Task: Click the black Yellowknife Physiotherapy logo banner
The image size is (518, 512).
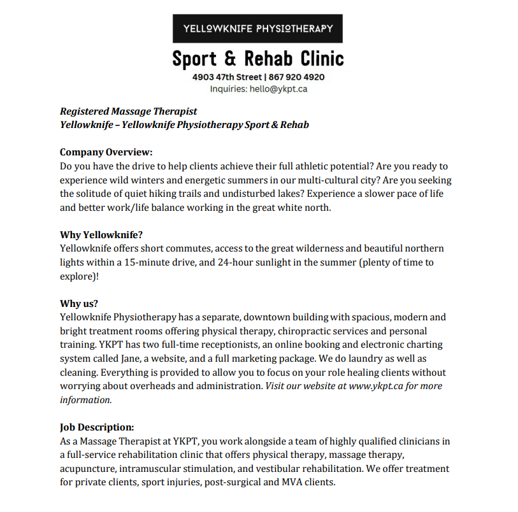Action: tap(257, 29)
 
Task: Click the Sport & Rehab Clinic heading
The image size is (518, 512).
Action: tap(257, 59)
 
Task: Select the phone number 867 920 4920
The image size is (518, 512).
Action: tap(296, 77)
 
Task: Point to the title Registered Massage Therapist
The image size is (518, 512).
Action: tap(129, 111)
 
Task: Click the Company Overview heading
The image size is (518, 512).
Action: tap(106, 152)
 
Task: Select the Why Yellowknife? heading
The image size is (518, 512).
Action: tap(101, 234)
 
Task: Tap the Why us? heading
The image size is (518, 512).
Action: tap(79, 303)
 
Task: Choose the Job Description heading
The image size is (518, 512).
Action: tap(97, 427)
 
